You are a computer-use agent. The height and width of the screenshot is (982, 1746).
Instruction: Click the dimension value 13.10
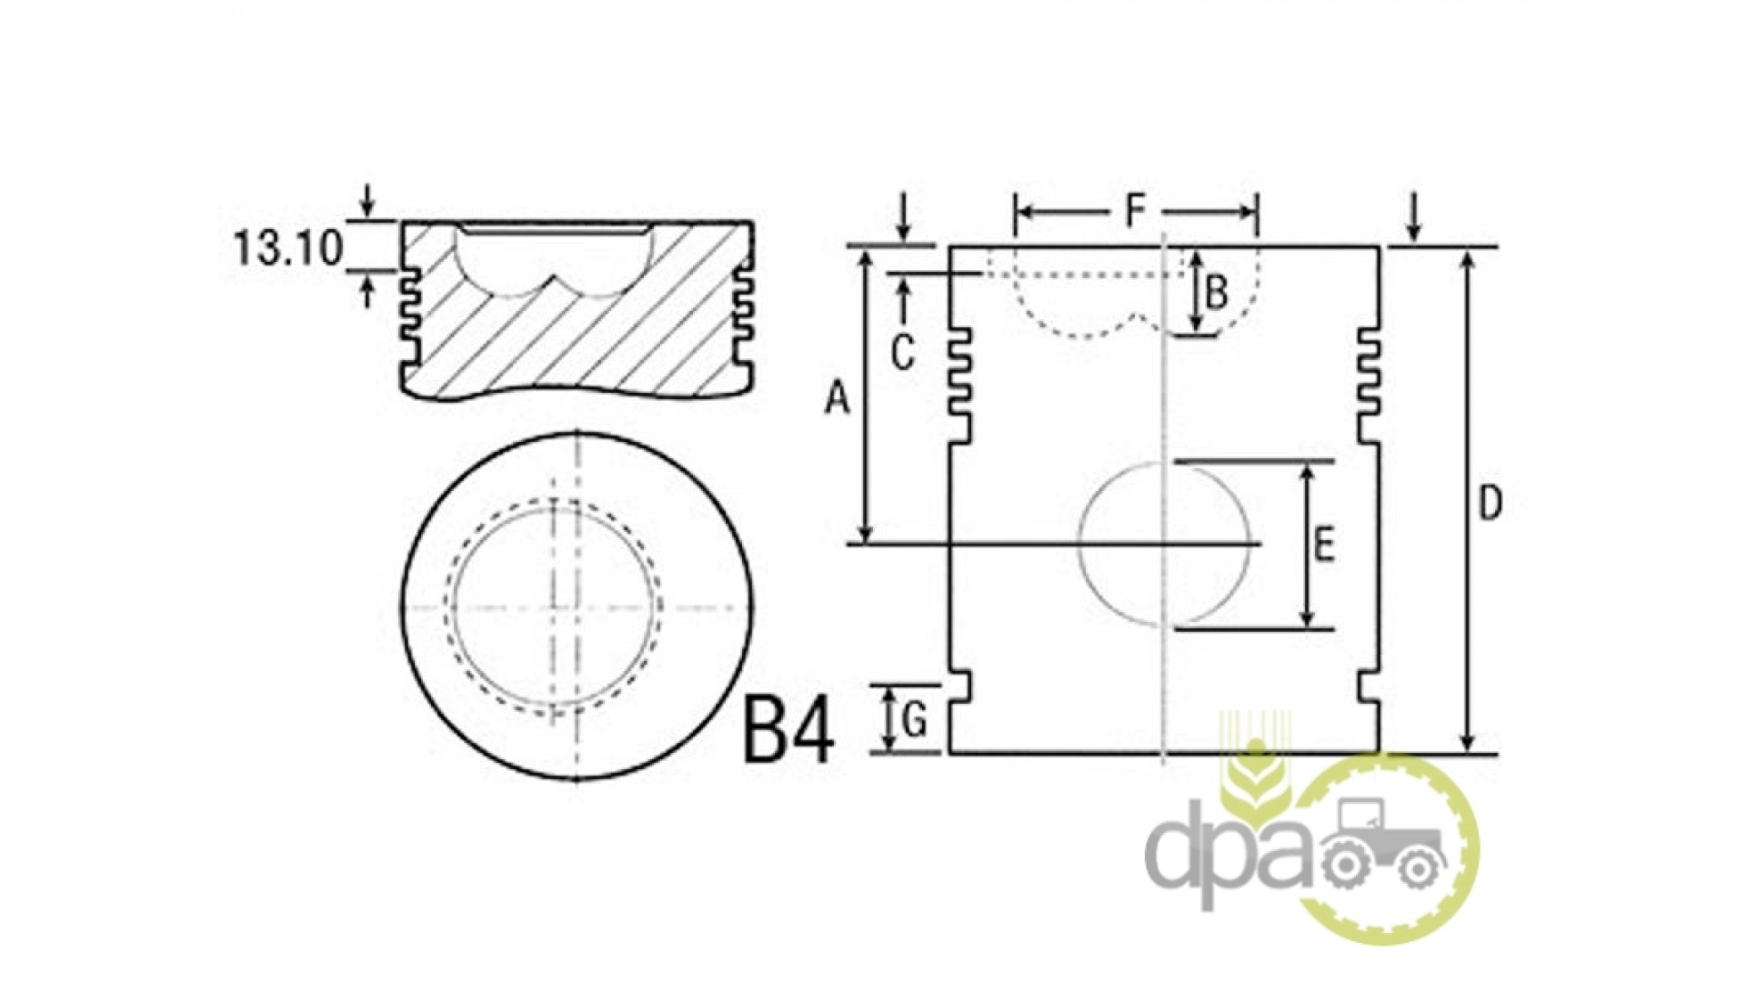(x=288, y=246)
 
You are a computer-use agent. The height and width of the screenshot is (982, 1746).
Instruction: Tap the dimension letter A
(x=837, y=398)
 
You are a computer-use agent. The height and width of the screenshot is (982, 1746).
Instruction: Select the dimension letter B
(x=1217, y=293)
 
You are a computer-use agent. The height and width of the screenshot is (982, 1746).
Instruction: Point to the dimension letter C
(x=902, y=354)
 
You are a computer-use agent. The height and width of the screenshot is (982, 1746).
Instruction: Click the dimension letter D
(x=1489, y=504)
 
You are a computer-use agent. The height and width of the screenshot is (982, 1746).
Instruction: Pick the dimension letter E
(x=1323, y=546)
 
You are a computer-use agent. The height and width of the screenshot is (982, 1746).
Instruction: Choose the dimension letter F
(x=1134, y=212)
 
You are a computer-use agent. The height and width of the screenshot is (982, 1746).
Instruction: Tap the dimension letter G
(x=915, y=722)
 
